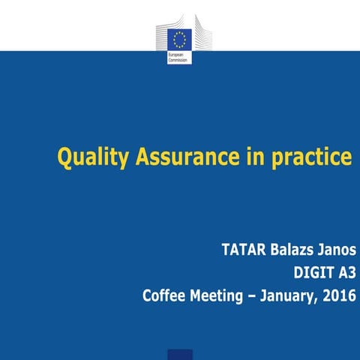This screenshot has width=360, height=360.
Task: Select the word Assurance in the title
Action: point(179,157)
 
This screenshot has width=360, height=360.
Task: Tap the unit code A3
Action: point(343,272)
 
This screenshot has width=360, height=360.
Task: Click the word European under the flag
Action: point(178,55)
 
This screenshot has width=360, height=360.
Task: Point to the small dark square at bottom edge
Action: point(179,354)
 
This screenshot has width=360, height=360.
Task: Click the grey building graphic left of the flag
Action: point(162,37)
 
